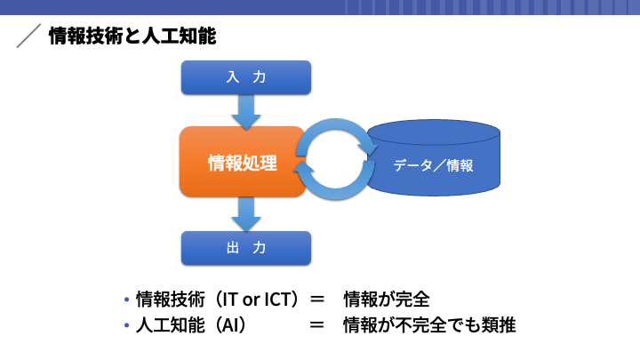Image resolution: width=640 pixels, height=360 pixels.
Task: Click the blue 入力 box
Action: (246, 77)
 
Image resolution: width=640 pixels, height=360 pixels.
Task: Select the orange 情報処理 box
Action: (243, 162)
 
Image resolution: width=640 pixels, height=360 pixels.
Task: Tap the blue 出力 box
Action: (246, 248)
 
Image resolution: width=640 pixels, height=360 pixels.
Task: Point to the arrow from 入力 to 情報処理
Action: (246, 112)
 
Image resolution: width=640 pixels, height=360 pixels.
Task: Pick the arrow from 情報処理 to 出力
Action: (246, 214)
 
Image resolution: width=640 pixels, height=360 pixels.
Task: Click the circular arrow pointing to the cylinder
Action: (339, 130)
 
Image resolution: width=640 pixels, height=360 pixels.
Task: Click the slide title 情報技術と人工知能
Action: (132, 36)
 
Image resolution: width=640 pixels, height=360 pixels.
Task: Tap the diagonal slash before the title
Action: (28, 36)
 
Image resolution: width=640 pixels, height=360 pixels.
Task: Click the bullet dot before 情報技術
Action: (126, 300)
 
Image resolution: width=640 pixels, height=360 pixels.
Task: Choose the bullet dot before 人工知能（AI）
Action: (126, 325)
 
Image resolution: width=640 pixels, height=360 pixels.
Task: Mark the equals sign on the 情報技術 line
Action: (317, 300)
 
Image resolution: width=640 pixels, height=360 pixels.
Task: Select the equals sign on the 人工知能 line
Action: (317, 325)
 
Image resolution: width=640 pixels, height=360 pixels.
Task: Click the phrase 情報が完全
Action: (387, 300)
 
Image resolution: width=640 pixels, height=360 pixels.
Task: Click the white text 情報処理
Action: (243, 163)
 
